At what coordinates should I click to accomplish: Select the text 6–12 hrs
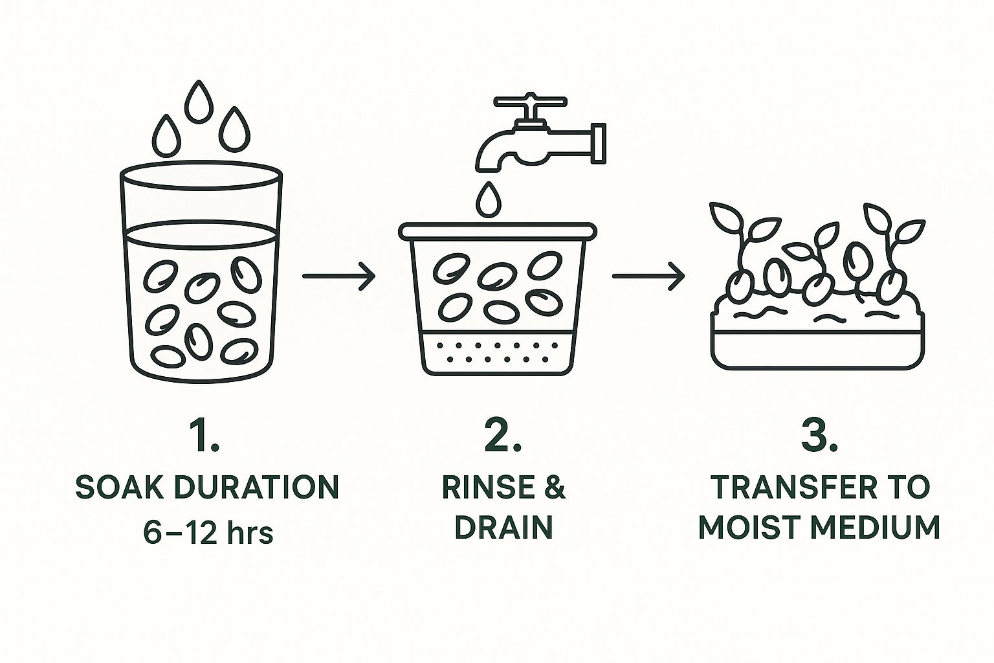click(208, 533)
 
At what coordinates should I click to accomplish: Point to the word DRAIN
click(503, 527)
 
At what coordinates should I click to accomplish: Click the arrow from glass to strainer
click(339, 276)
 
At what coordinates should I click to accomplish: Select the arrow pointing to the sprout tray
click(648, 276)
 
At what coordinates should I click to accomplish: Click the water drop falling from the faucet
click(489, 200)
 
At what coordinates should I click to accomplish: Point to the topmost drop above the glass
click(199, 102)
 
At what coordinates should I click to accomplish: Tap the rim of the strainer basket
click(498, 232)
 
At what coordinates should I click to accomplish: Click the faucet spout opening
click(489, 169)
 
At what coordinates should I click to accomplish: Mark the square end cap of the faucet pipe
click(599, 144)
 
